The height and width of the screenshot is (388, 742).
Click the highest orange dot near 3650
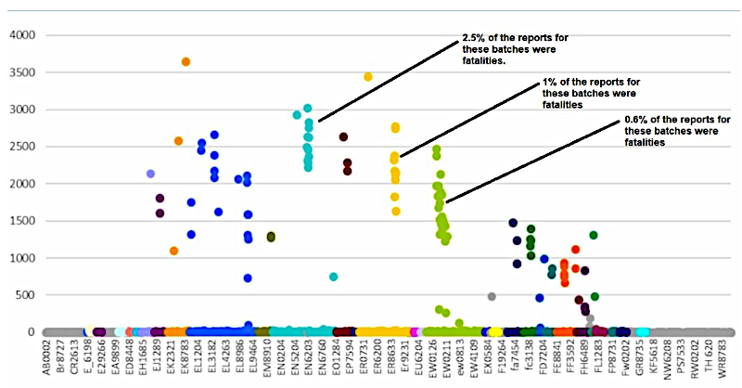tap(185, 62)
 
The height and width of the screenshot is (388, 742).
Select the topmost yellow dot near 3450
tap(368, 77)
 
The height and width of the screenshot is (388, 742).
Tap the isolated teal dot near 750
tap(334, 277)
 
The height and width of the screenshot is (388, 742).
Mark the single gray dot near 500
tap(492, 297)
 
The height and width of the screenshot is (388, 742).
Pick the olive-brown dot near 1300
tap(271, 237)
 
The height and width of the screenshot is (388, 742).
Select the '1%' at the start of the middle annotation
tap(549, 83)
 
